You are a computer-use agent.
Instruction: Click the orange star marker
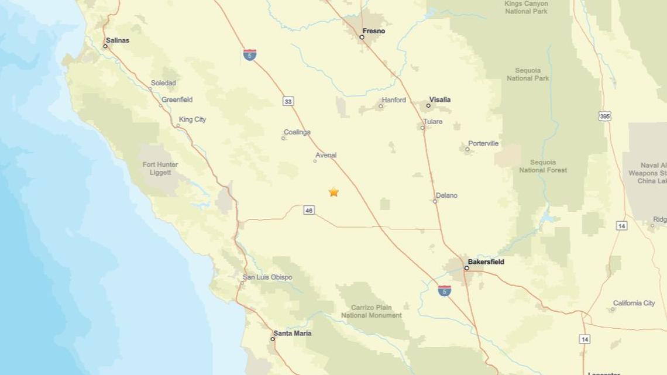333,192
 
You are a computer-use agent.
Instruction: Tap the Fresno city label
374,31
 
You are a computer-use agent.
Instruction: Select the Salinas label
118,40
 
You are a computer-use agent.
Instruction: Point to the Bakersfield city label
486,262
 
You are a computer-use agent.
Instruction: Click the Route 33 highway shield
288,101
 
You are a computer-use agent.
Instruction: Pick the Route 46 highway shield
310,209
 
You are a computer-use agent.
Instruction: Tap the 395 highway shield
605,116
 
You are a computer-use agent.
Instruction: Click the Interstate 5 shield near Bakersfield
445,290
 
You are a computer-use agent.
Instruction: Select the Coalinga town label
297,132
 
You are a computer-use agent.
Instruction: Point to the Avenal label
326,155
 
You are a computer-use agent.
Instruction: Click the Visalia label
440,100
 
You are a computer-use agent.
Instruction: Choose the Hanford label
394,100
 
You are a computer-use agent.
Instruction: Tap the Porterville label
483,143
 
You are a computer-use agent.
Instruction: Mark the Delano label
446,195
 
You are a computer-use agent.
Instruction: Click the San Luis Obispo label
267,277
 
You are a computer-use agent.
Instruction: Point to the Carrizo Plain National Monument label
372,311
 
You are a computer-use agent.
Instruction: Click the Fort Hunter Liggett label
160,168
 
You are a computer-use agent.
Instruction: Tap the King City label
192,119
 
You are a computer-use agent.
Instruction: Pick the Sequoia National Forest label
543,166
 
